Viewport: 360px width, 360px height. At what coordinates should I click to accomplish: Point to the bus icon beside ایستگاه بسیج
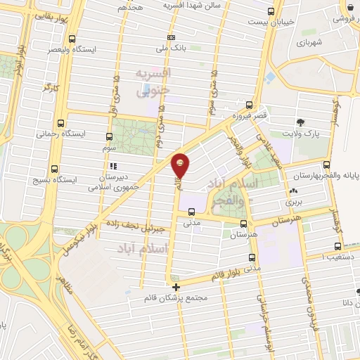point(56,168)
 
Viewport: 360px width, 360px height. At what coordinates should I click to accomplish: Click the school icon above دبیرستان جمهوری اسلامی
point(113,167)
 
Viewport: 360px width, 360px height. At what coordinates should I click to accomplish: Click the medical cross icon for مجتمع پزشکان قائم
point(176,286)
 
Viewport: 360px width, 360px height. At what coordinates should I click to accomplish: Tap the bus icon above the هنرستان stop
point(243,225)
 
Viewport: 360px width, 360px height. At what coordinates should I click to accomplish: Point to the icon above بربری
point(292,191)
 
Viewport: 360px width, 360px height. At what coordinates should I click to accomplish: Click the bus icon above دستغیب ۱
point(338,247)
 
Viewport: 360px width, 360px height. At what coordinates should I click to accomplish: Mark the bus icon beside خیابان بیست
point(272,11)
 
